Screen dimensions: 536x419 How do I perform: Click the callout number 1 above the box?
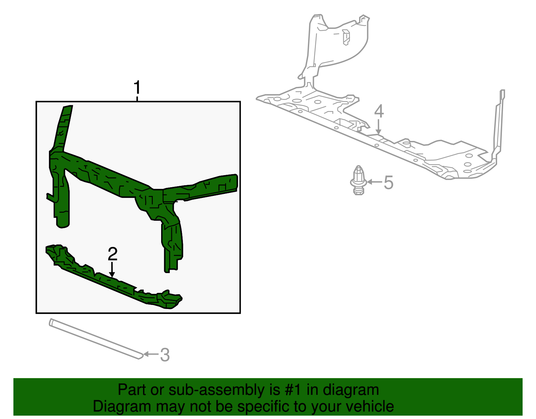tap(137, 87)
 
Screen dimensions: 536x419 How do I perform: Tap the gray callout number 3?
tap(165, 355)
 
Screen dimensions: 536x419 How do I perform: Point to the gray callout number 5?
tap(389, 183)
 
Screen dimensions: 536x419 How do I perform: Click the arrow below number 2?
tap(112, 269)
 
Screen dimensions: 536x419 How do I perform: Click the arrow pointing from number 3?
tap(151, 354)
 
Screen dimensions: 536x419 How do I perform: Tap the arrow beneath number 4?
tap(378, 127)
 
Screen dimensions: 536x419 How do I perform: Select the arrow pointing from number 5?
tap(375, 182)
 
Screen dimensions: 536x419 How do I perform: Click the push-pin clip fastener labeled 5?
tap(358, 180)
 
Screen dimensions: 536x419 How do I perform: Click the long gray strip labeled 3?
tap(96, 338)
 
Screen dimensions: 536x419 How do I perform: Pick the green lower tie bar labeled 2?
tap(114, 276)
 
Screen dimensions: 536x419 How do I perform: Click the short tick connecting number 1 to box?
tap(137, 99)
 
